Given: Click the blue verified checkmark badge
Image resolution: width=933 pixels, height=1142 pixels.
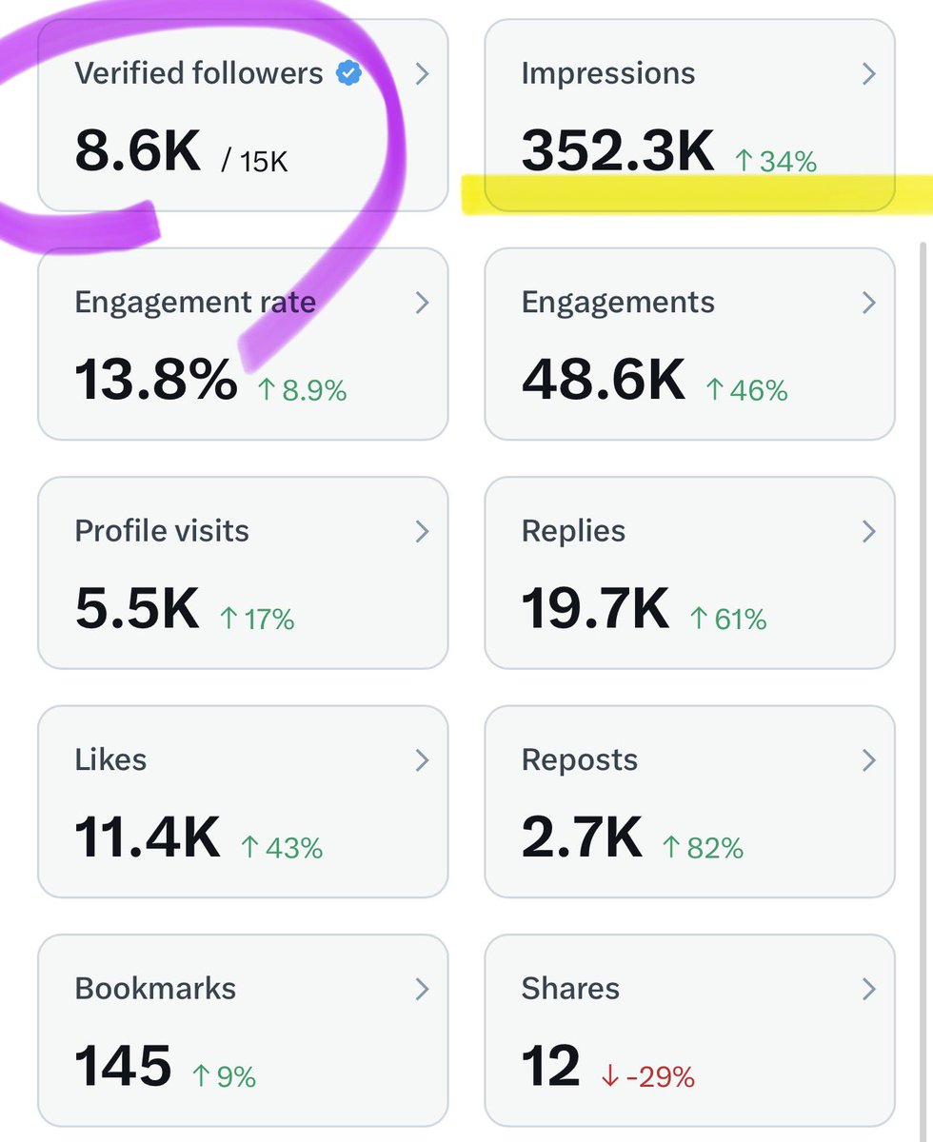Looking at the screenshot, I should pyautogui.click(x=349, y=73).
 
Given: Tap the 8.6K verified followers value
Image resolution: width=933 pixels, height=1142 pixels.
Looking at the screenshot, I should pyautogui.click(x=138, y=152).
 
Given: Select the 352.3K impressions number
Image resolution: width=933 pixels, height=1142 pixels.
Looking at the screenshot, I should pyautogui.click(x=618, y=151).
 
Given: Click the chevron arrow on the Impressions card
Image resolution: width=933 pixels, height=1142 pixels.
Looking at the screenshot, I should pyautogui.click(x=868, y=73).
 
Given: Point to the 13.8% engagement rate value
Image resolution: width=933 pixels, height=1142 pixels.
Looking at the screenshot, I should pyautogui.click(x=156, y=381).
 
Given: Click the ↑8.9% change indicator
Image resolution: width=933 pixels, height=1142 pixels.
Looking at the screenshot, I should pyautogui.click(x=302, y=390).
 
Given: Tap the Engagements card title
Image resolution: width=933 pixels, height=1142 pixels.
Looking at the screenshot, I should pyautogui.click(x=618, y=303).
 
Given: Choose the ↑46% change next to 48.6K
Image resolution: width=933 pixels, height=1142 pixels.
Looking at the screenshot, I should pyautogui.click(x=746, y=390).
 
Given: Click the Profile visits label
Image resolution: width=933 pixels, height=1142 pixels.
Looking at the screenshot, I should pyautogui.click(x=162, y=531).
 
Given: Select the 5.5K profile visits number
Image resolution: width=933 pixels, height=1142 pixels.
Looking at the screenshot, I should pyautogui.click(x=137, y=610).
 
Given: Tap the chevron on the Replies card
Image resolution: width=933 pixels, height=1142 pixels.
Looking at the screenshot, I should pyautogui.click(x=868, y=531).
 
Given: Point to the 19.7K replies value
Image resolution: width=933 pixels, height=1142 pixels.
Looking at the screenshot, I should pyautogui.click(x=595, y=610).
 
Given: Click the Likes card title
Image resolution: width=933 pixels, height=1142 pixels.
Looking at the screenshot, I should pyautogui.click(x=110, y=759).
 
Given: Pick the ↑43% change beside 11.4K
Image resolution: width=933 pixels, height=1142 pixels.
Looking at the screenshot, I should pyautogui.click(x=282, y=847).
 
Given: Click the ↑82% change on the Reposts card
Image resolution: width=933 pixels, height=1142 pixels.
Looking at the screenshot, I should pyautogui.click(x=703, y=847).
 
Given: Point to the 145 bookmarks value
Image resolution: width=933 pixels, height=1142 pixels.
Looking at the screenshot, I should pyautogui.click(x=123, y=1067).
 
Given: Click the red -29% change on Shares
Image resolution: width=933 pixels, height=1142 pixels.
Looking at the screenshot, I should pyautogui.click(x=647, y=1076).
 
